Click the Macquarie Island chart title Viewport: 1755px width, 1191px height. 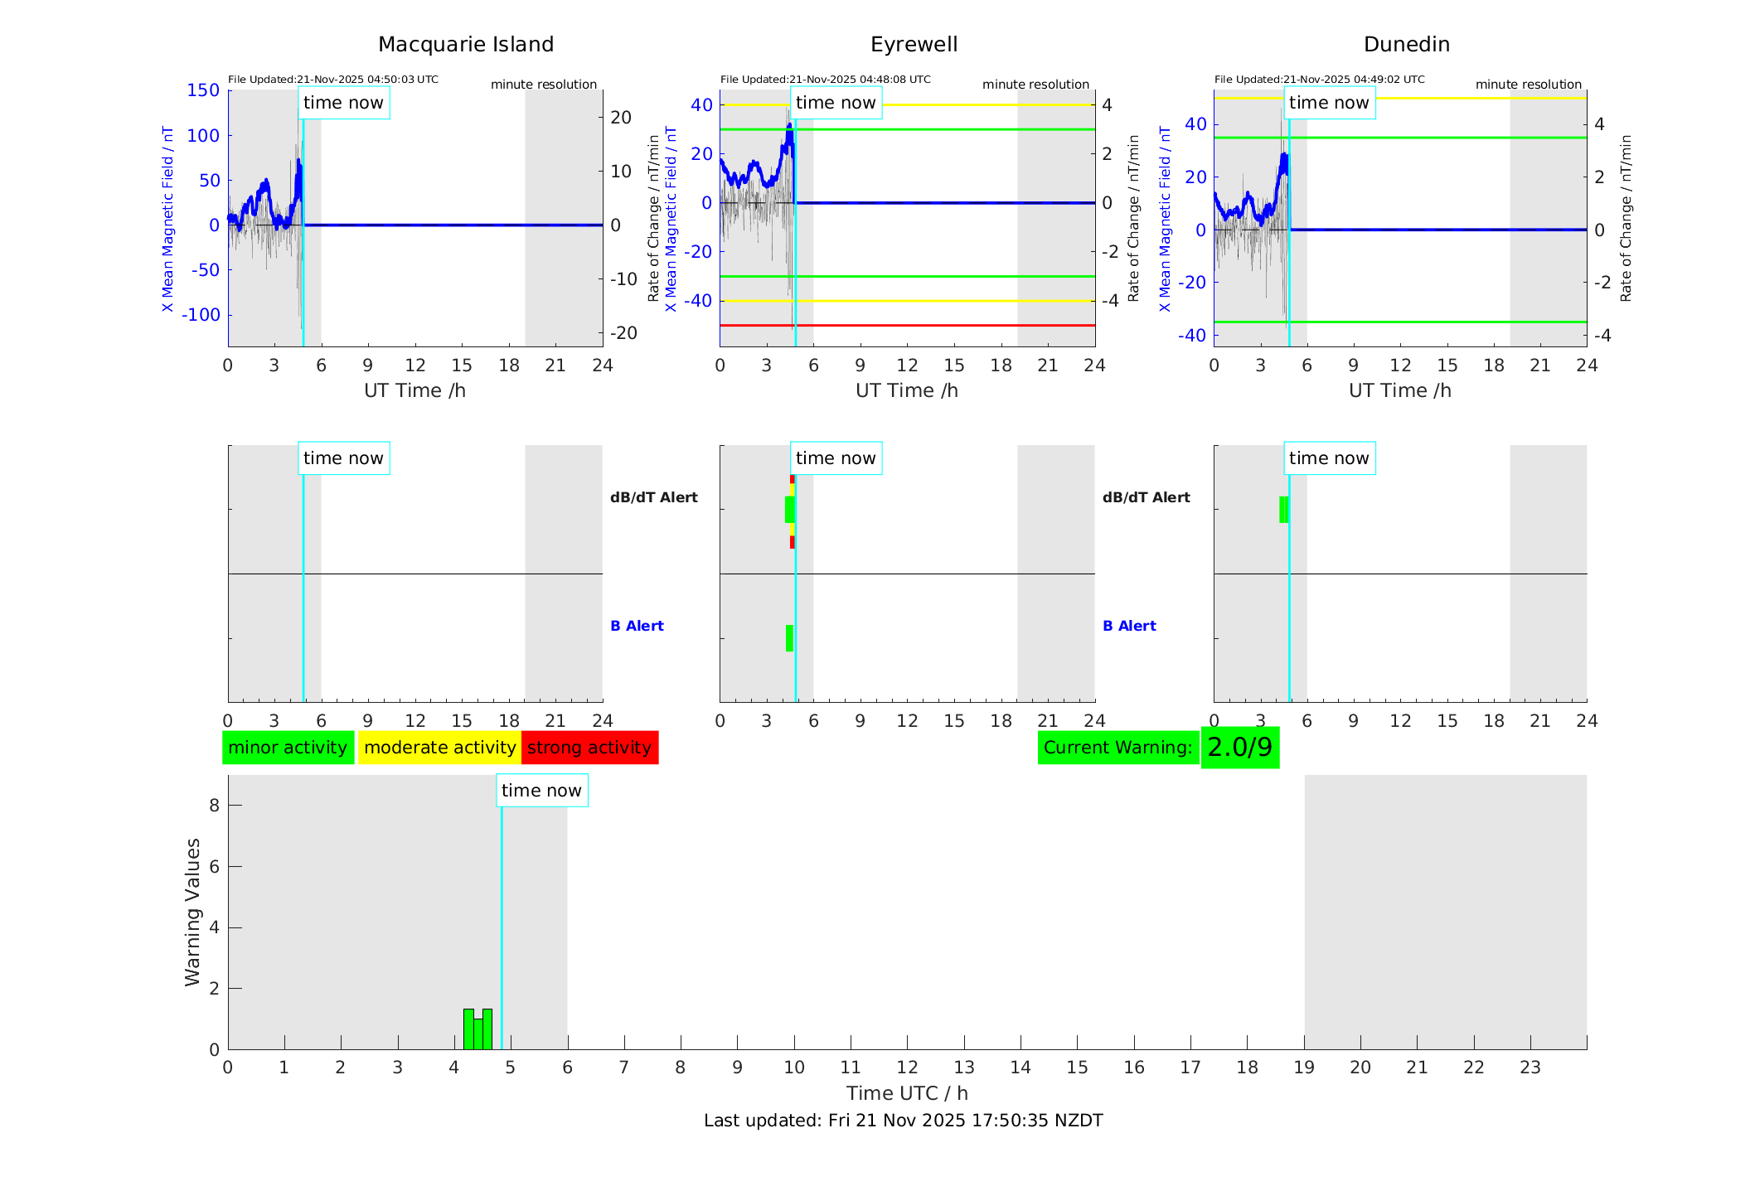(x=465, y=45)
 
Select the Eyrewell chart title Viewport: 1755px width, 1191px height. (x=914, y=45)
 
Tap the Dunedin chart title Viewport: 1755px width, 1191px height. (x=1406, y=45)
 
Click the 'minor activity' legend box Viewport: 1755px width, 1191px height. (x=288, y=748)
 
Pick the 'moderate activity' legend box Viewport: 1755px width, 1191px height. (x=439, y=748)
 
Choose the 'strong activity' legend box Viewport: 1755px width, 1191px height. (x=589, y=748)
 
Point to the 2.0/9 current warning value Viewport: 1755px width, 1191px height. (x=1239, y=748)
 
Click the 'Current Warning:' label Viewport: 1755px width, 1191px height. (x=1117, y=748)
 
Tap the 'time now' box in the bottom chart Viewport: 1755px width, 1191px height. (x=541, y=791)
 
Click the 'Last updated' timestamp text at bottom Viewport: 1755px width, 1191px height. (x=903, y=1121)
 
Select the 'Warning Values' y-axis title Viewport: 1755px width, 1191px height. (x=192, y=912)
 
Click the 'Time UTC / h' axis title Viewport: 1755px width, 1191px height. (x=907, y=1093)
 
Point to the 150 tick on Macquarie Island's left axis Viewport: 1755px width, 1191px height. (x=203, y=90)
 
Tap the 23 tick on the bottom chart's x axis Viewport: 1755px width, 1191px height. (x=1530, y=1068)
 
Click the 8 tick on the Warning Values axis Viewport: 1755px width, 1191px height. (x=214, y=805)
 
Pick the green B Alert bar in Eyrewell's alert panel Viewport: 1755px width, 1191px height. (x=789, y=638)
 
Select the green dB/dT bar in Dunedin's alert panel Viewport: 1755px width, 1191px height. (x=1283, y=510)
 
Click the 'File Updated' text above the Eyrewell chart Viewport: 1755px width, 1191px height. (x=825, y=80)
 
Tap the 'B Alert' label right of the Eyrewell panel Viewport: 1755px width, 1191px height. (x=1129, y=626)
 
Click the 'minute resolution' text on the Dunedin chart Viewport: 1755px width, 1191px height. (x=1528, y=85)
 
